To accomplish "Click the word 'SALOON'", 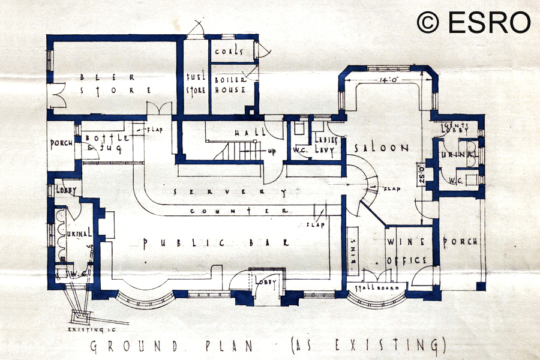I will click(x=380, y=148).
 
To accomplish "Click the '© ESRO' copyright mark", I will click(x=474, y=22).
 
